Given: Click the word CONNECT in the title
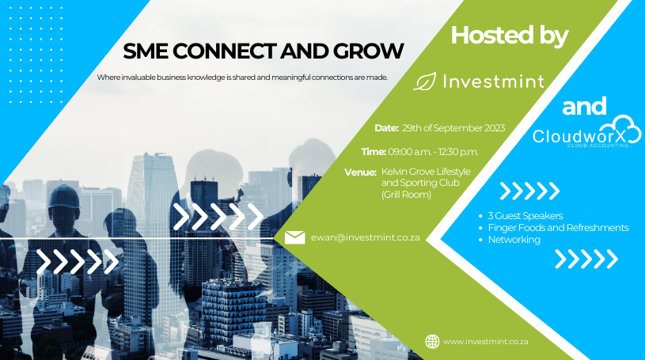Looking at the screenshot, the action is (x=224, y=51).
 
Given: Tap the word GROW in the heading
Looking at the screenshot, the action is (x=369, y=51).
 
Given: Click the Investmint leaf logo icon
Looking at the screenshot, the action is (x=424, y=81).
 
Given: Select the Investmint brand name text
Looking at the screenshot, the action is (x=494, y=81).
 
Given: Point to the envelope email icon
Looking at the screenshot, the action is (x=295, y=237).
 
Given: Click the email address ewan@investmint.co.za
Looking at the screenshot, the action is (x=366, y=237).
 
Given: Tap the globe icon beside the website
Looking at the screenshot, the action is (x=432, y=342).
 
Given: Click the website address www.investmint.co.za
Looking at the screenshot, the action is (x=486, y=342).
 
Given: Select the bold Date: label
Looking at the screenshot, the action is (x=387, y=128).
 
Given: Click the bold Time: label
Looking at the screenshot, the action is (x=374, y=152).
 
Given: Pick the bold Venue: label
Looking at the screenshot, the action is (x=360, y=172).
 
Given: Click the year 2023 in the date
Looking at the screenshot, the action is (x=495, y=128).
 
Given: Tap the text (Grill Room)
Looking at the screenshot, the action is (x=406, y=194).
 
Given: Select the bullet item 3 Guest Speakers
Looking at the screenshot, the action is (x=525, y=215).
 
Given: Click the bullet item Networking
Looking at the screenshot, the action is (x=514, y=240).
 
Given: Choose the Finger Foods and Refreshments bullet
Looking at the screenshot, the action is (x=558, y=228).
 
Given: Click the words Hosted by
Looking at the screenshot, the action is (x=510, y=36).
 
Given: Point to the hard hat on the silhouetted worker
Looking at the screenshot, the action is (x=64, y=196).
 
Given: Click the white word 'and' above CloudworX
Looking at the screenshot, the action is (x=584, y=106).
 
